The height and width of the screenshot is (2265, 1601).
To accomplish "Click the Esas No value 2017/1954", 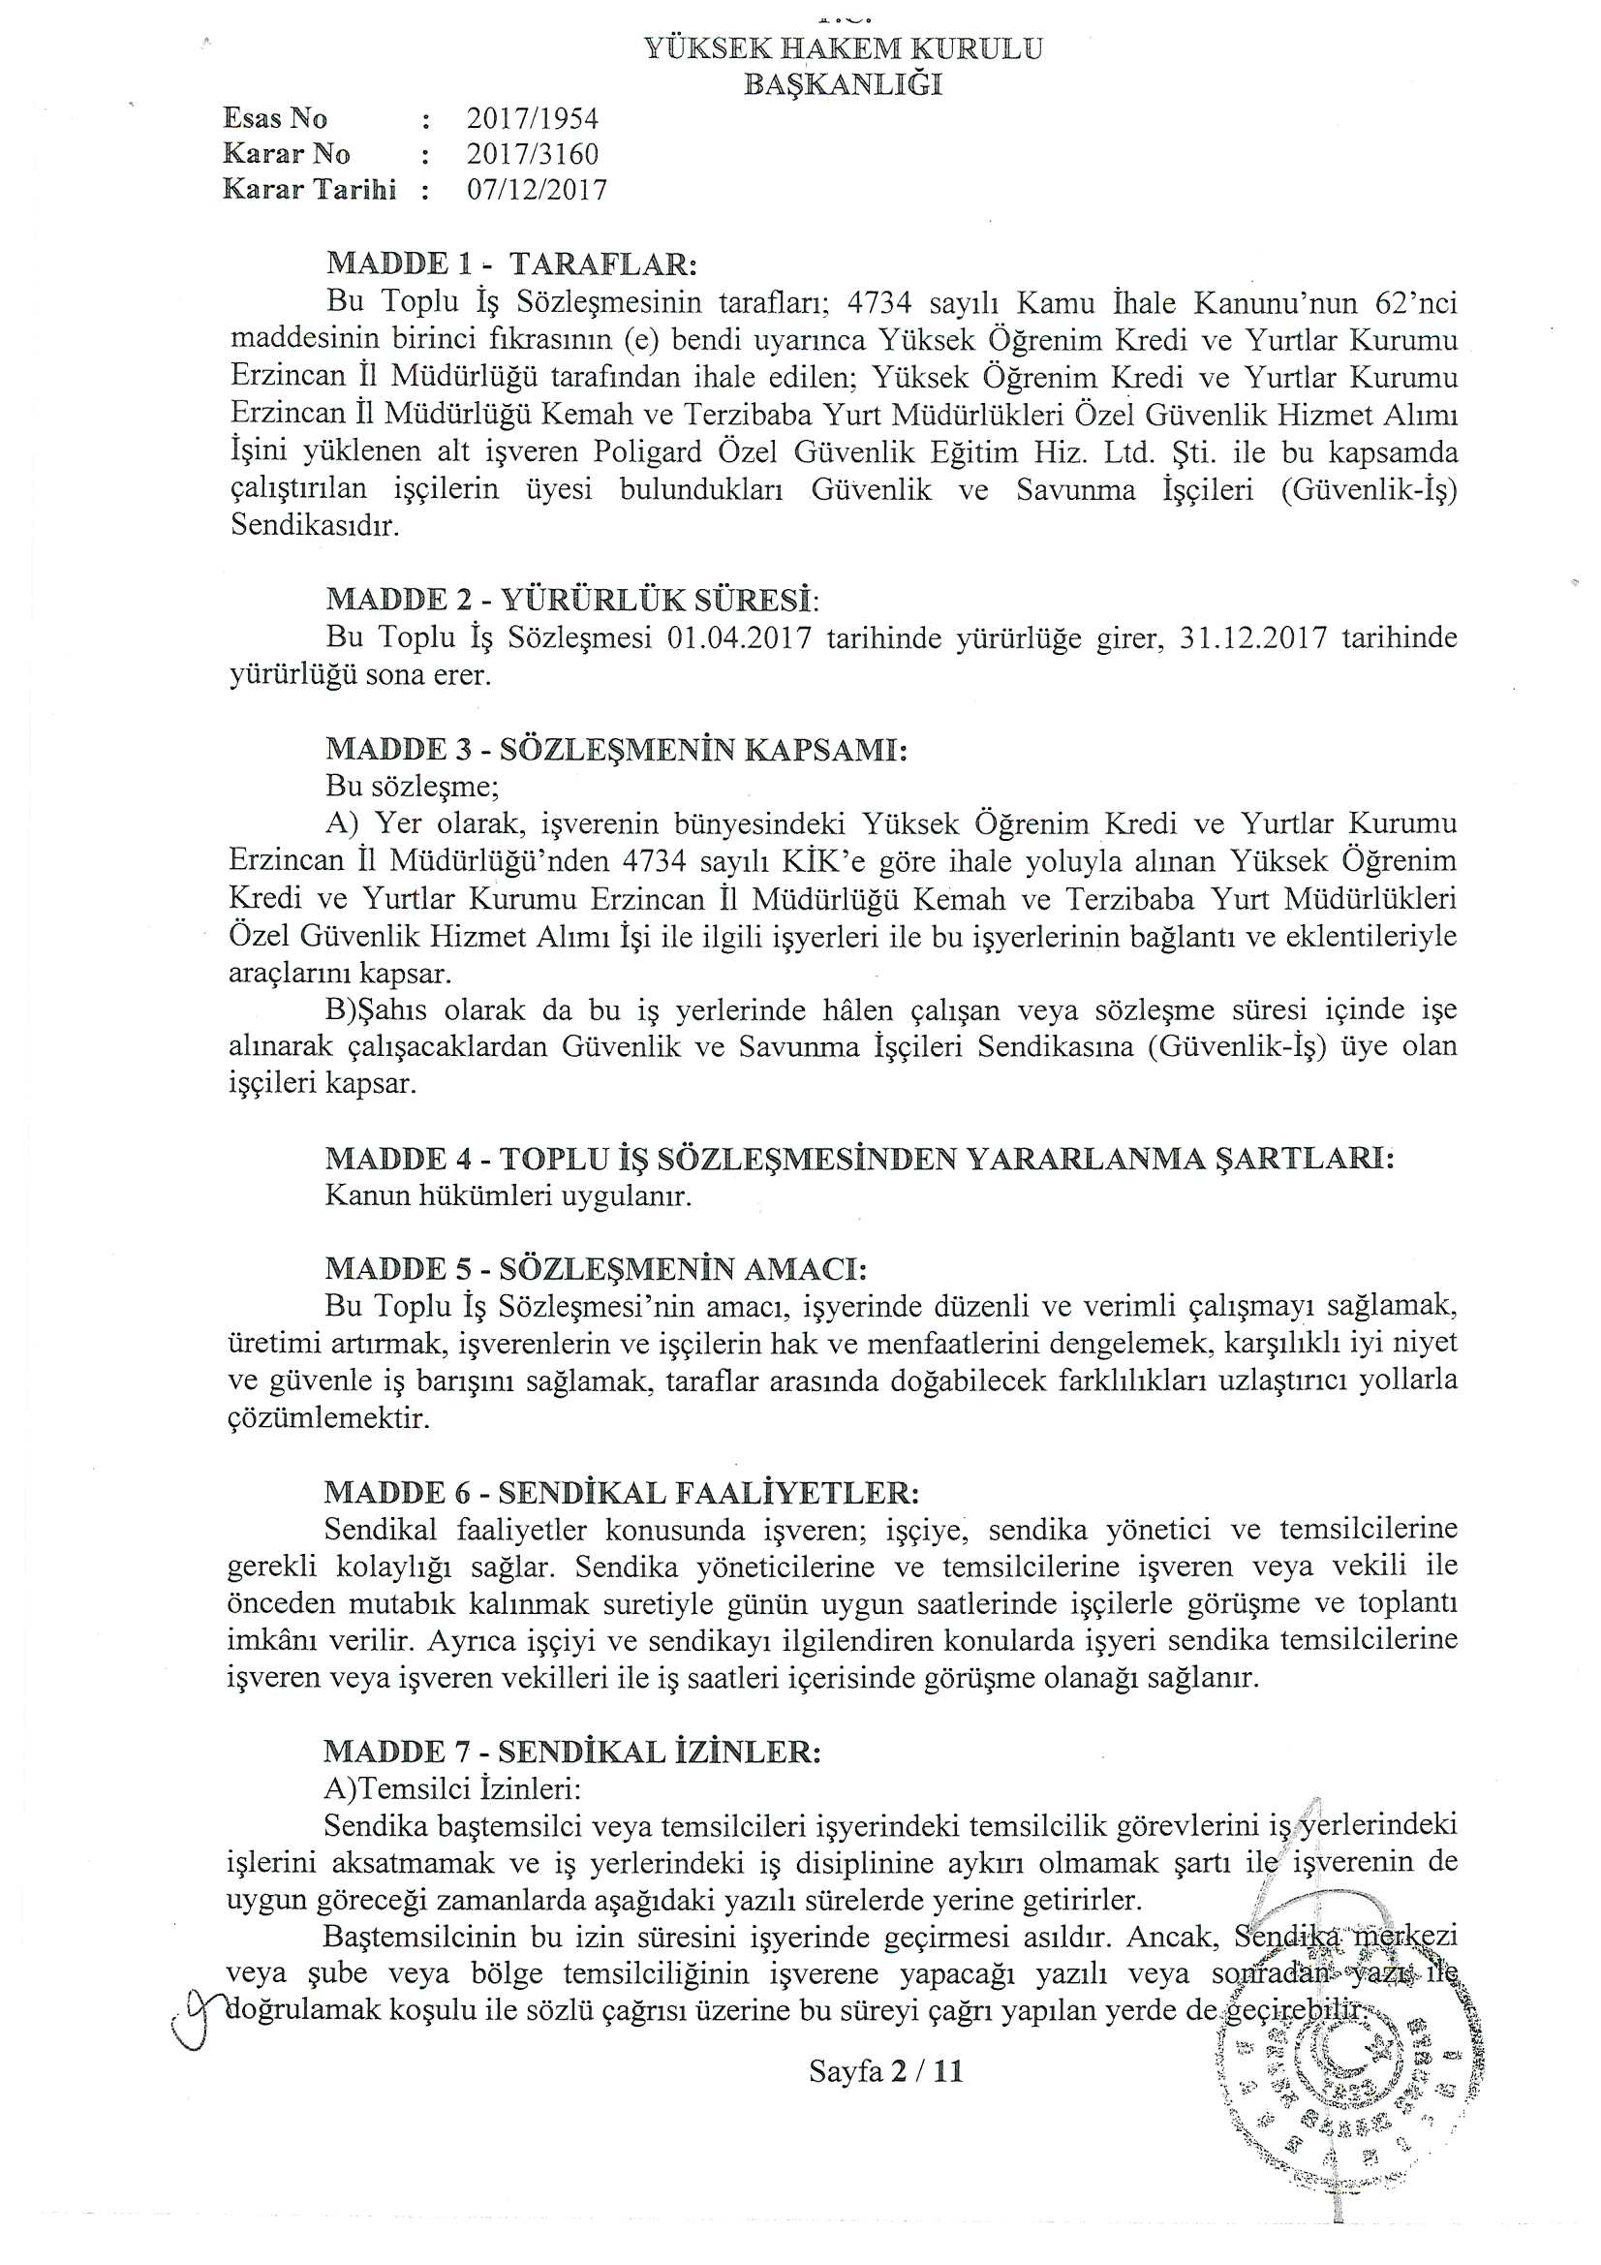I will [x=532, y=118].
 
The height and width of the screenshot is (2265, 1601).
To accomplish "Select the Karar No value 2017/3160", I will [x=532, y=154].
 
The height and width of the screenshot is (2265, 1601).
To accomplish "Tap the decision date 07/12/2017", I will [x=537, y=190].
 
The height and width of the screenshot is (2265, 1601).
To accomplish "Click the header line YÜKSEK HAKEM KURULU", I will [x=843, y=49].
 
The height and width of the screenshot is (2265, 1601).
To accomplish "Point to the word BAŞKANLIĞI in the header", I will [x=843, y=85].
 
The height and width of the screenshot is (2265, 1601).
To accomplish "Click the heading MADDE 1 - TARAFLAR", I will [x=511, y=264].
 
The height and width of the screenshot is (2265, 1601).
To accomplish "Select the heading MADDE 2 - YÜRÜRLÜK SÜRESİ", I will [x=572, y=600].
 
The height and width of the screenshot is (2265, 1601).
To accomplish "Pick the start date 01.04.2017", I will [x=739, y=638].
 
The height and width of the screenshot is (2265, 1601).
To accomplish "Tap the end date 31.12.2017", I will [x=1251, y=638].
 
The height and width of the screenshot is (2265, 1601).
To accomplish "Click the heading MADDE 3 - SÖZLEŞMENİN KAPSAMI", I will [x=616, y=750].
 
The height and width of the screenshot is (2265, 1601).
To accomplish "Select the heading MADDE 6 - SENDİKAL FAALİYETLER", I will [x=622, y=1492].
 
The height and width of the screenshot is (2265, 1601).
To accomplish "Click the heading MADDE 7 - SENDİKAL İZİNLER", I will [x=571, y=1752].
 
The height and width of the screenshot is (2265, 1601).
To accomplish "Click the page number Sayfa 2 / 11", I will [x=885, y=2070].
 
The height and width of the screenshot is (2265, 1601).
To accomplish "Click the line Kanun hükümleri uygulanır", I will [x=508, y=1196].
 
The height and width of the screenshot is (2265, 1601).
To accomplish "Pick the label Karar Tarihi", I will [x=310, y=190].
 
